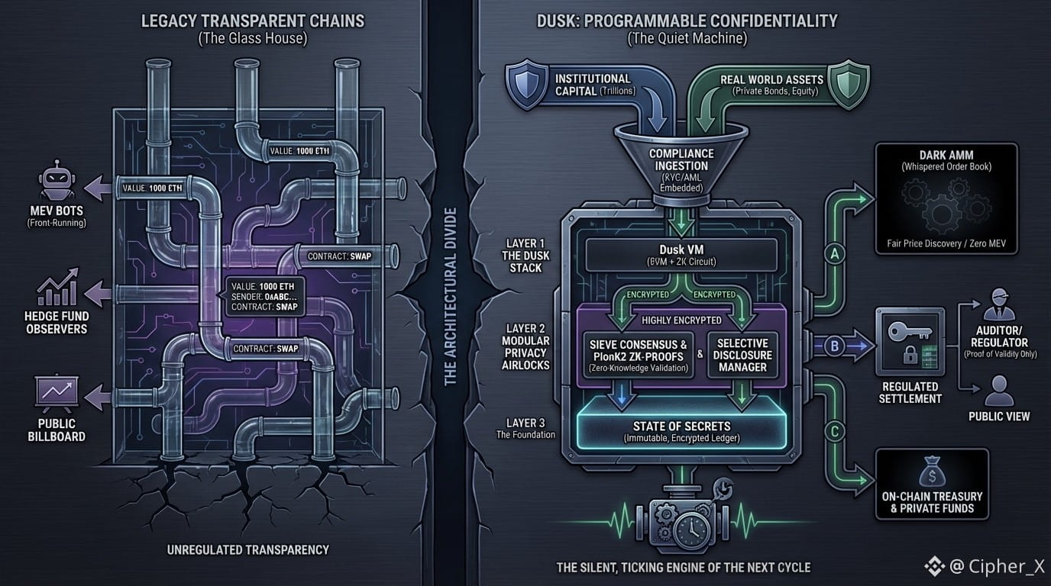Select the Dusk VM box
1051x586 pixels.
tap(681, 254)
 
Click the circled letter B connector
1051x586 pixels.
tap(834, 346)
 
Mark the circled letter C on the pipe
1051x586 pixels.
tap(834, 432)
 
